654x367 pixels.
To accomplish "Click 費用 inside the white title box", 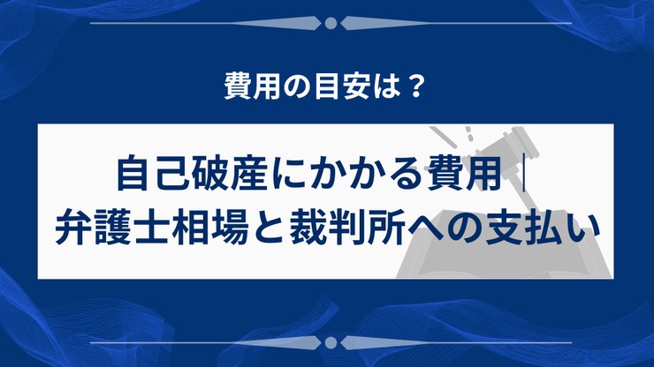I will pyautogui.click(x=468, y=174).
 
